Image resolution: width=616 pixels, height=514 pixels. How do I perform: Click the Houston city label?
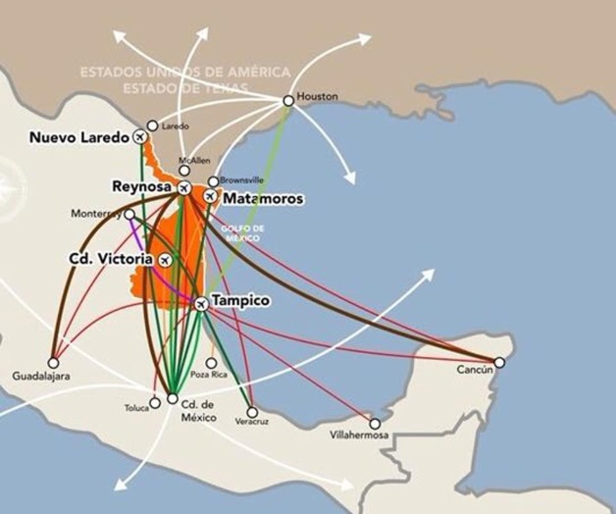(318, 97)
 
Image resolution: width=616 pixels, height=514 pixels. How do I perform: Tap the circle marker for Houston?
(287, 100)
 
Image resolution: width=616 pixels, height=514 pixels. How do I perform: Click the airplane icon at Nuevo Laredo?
(152, 138)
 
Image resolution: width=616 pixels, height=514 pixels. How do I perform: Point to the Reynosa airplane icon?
(183, 186)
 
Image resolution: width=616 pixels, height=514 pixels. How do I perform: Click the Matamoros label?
(264, 199)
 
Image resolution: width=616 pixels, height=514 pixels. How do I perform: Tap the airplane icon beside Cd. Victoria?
(165, 260)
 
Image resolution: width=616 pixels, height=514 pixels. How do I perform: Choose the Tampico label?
(240, 300)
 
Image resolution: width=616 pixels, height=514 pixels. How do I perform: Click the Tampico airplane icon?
(200, 303)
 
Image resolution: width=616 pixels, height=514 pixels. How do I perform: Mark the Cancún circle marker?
(499, 363)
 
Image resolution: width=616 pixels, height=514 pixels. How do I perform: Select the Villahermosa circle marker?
(376, 424)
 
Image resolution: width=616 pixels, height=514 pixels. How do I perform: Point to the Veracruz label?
(251, 421)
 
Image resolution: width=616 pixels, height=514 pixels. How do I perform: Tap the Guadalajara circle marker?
(53, 360)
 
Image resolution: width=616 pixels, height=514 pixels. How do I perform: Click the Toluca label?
(136, 408)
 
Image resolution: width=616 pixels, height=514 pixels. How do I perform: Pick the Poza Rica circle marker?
(211, 363)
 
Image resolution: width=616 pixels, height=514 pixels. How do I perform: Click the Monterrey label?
(96, 213)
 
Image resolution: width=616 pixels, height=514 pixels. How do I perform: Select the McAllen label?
(194, 159)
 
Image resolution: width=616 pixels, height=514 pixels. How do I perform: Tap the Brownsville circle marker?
(213, 181)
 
